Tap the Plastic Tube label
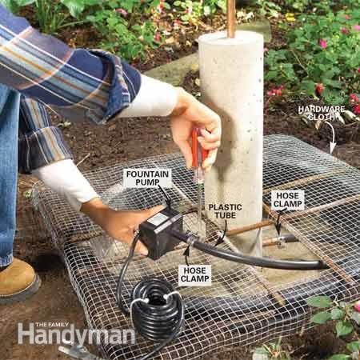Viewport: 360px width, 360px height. [x=225, y=211]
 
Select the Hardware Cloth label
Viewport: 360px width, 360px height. [x=321, y=114]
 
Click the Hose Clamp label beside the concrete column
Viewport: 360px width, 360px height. [x=286, y=200]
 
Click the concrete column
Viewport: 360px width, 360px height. [x=231, y=120]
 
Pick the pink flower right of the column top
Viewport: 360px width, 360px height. [x=323, y=43]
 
